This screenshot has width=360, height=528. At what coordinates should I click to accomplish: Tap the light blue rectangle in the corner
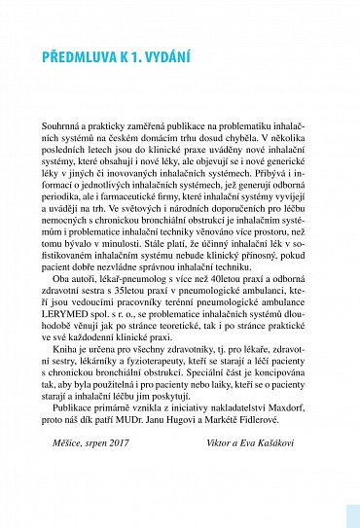(353, 514)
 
